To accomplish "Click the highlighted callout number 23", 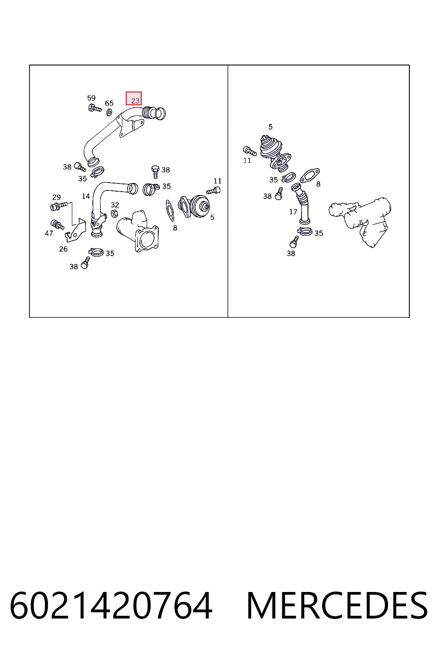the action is (x=135, y=101).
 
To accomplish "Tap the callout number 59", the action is (x=91, y=98).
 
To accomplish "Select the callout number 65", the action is (x=109, y=103).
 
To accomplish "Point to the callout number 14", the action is (x=86, y=196).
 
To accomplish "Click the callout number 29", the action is (x=56, y=197).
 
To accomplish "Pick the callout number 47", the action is (x=49, y=233).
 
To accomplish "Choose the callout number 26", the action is (x=63, y=249).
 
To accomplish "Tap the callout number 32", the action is (x=115, y=205).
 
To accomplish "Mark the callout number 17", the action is (x=293, y=211).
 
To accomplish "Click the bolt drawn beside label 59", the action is (x=95, y=108).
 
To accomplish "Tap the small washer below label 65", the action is (x=109, y=112).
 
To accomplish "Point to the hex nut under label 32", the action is (x=114, y=213).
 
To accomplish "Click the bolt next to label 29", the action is (x=59, y=206).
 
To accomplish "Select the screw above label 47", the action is (x=57, y=225).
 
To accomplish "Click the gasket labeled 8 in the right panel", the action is (x=310, y=175).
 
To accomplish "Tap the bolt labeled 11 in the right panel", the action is (x=249, y=151).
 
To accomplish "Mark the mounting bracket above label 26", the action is (x=75, y=230).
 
